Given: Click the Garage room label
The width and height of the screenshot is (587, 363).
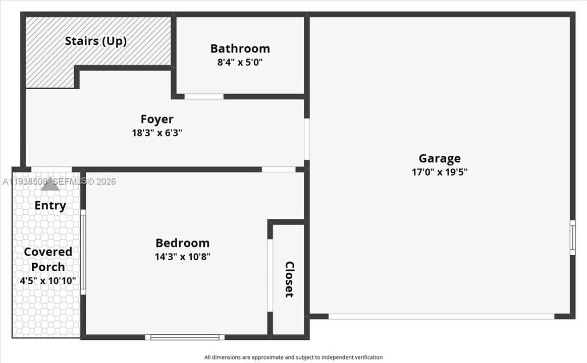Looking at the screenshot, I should pyautogui.click(x=439, y=158).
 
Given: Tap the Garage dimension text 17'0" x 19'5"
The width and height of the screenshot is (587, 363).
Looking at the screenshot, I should pyautogui.click(x=439, y=172).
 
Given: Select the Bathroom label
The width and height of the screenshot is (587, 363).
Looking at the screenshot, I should pyautogui.click(x=240, y=48).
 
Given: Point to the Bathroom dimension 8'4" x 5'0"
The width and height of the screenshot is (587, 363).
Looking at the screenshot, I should pyautogui.click(x=240, y=63).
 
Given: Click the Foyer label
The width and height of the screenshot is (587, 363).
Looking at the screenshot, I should pyautogui.click(x=156, y=119).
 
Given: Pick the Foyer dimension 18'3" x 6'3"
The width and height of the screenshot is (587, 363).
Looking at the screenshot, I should pyautogui.click(x=156, y=133).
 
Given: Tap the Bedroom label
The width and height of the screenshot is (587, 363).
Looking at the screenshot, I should pyautogui.click(x=182, y=243).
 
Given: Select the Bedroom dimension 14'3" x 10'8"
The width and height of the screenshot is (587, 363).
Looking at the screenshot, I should pyautogui.click(x=182, y=257).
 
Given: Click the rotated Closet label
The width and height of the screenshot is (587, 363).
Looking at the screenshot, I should pyautogui.click(x=289, y=279).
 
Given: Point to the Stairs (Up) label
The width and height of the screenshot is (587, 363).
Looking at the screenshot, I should pyautogui.click(x=95, y=41).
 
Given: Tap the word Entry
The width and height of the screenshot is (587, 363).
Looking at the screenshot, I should pyautogui.click(x=50, y=205).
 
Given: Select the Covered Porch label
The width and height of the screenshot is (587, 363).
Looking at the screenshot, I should pyautogui.click(x=48, y=259).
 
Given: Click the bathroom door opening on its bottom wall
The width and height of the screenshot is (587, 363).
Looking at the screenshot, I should pyautogui.click(x=203, y=96).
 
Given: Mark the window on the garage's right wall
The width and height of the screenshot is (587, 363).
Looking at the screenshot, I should pyautogui.click(x=572, y=238).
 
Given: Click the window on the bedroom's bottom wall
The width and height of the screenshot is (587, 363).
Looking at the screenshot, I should pyautogui.click(x=184, y=337).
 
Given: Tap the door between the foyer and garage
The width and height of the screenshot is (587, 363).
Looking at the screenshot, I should pyautogui.click(x=306, y=139).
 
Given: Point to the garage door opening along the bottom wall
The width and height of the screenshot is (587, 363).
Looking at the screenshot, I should pyautogui.click(x=441, y=317).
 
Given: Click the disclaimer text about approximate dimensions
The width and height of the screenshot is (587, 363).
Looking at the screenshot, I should pyautogui.click(x=293, y=357).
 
